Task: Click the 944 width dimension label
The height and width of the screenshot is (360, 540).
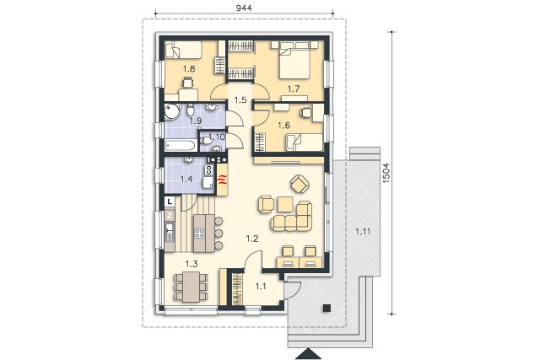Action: pyautogui.click(x=244, y=8)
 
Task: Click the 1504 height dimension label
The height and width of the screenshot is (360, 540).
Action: pyautogui.click(x=386, y=173)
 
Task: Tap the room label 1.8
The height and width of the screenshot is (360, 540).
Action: pyautogui.click(x=189, y=69)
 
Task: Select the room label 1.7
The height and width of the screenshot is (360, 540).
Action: pyautogui.click(x=294, y=89)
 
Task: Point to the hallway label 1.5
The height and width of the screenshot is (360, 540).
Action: pyautogui.click(x=240, y=100)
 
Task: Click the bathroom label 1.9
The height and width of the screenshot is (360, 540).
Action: pyautogui.click(x=196, y=121)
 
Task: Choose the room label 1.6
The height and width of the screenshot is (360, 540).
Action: pyautogui.click(x=283, y=126)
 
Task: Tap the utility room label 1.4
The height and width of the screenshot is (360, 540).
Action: pyautogui.click(x=186, y=179)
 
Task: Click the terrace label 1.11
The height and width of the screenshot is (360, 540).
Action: pyautogui.click(x=363, y=231)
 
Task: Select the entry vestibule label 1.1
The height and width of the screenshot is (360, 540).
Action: pyautogui.click(x=261, y=286)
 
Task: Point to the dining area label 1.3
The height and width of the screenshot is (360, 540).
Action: pyautogui.click(x=192, y=264)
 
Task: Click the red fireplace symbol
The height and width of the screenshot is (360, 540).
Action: pyautogui.click(x=222, y=180)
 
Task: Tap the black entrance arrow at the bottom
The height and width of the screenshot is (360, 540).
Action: pyautogui.click(x=308, y=354)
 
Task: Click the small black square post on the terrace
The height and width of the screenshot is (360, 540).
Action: pyautogui.click(x=327, y=308)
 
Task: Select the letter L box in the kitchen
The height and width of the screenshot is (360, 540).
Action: pyautogui.click(x=170, y=201)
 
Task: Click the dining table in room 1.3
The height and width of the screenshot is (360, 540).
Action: pyautogui.click(x=192, y=287)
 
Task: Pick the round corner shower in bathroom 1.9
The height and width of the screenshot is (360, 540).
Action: pyautogui.click(x=172, y=111)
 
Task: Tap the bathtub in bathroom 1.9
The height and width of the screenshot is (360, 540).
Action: pyautogui.click(x=181, y=145)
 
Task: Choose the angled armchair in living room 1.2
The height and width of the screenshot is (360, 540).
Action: pyautogui.click(x=300, y=184)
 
